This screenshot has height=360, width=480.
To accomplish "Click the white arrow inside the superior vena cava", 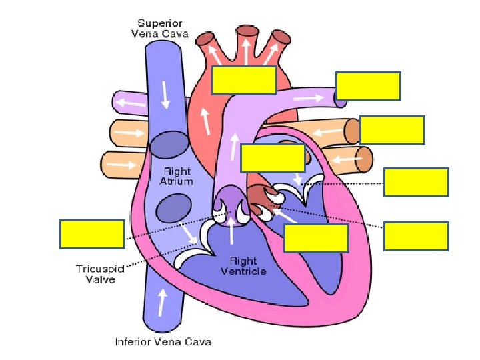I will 164,97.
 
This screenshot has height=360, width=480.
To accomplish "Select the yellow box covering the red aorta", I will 244,79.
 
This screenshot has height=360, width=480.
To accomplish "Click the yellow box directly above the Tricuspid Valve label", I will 92,233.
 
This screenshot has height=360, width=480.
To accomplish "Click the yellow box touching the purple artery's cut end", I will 368,86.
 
